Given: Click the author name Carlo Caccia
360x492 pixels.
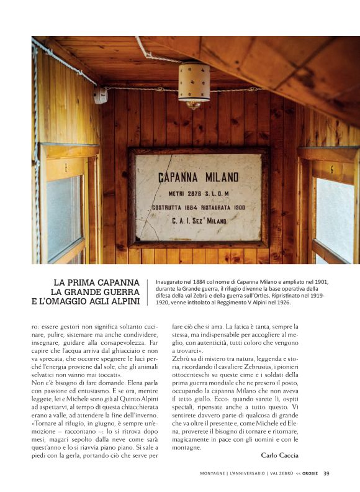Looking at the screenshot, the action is tap(280, 455).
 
